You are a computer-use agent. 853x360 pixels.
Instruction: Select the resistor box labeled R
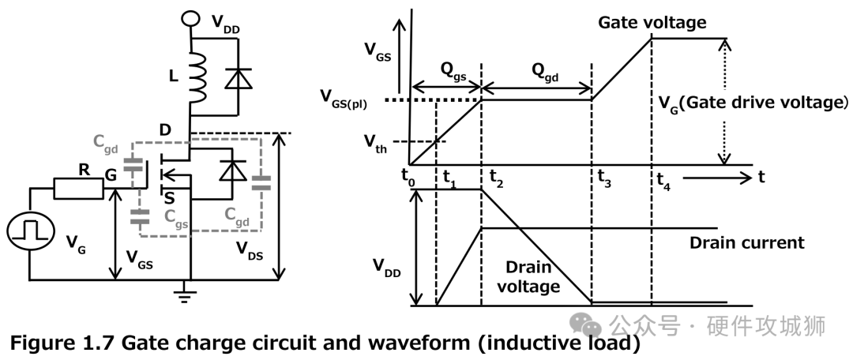pos(78,189)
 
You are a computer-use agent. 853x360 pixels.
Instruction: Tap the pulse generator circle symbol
pos(30,230)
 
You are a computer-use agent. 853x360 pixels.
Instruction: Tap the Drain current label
pos(746,242)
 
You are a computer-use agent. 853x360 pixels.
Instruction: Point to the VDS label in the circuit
pos(251,249)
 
